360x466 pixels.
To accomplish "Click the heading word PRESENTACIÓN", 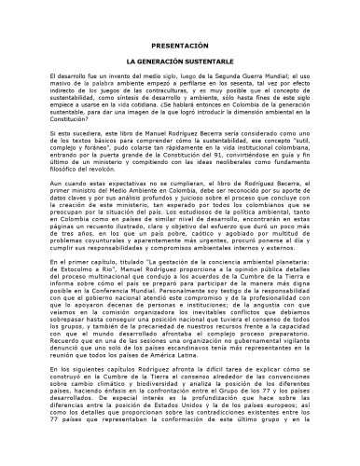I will pos(180,46).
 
